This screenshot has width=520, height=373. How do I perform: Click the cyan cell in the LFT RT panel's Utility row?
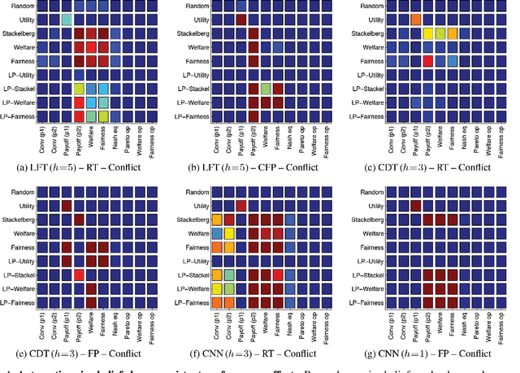[66, 19]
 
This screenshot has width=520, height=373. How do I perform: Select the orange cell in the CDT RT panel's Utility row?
[415, 19]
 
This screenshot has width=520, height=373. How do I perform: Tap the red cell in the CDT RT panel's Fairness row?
[428, 61]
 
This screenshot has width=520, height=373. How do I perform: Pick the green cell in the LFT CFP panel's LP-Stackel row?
[266, 89]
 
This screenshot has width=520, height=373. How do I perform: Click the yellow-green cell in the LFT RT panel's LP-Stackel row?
[79, 89]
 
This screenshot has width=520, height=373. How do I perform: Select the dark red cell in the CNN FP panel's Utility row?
[415, 206]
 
